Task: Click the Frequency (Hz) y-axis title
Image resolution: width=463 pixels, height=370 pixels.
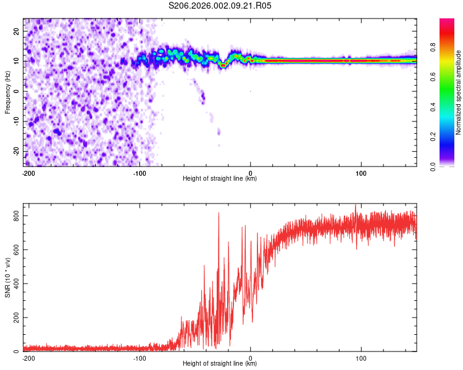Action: click(x=8, y=92)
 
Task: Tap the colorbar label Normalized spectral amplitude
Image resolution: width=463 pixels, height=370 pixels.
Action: click(x=459, y=92)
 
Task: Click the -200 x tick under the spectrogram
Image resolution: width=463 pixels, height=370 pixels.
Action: click(x=28, y=173)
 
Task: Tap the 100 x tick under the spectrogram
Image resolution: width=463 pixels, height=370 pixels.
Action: click(x=361, y=173)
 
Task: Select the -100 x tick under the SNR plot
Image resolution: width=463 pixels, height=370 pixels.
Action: click(x=140, y=358)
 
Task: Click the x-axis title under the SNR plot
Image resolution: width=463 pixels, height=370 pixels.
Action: click(x=220, y=364)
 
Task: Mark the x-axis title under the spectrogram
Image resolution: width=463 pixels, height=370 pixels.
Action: click(x=220, y=179)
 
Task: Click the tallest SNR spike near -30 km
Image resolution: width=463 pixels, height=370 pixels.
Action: click(x=219, y=214)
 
